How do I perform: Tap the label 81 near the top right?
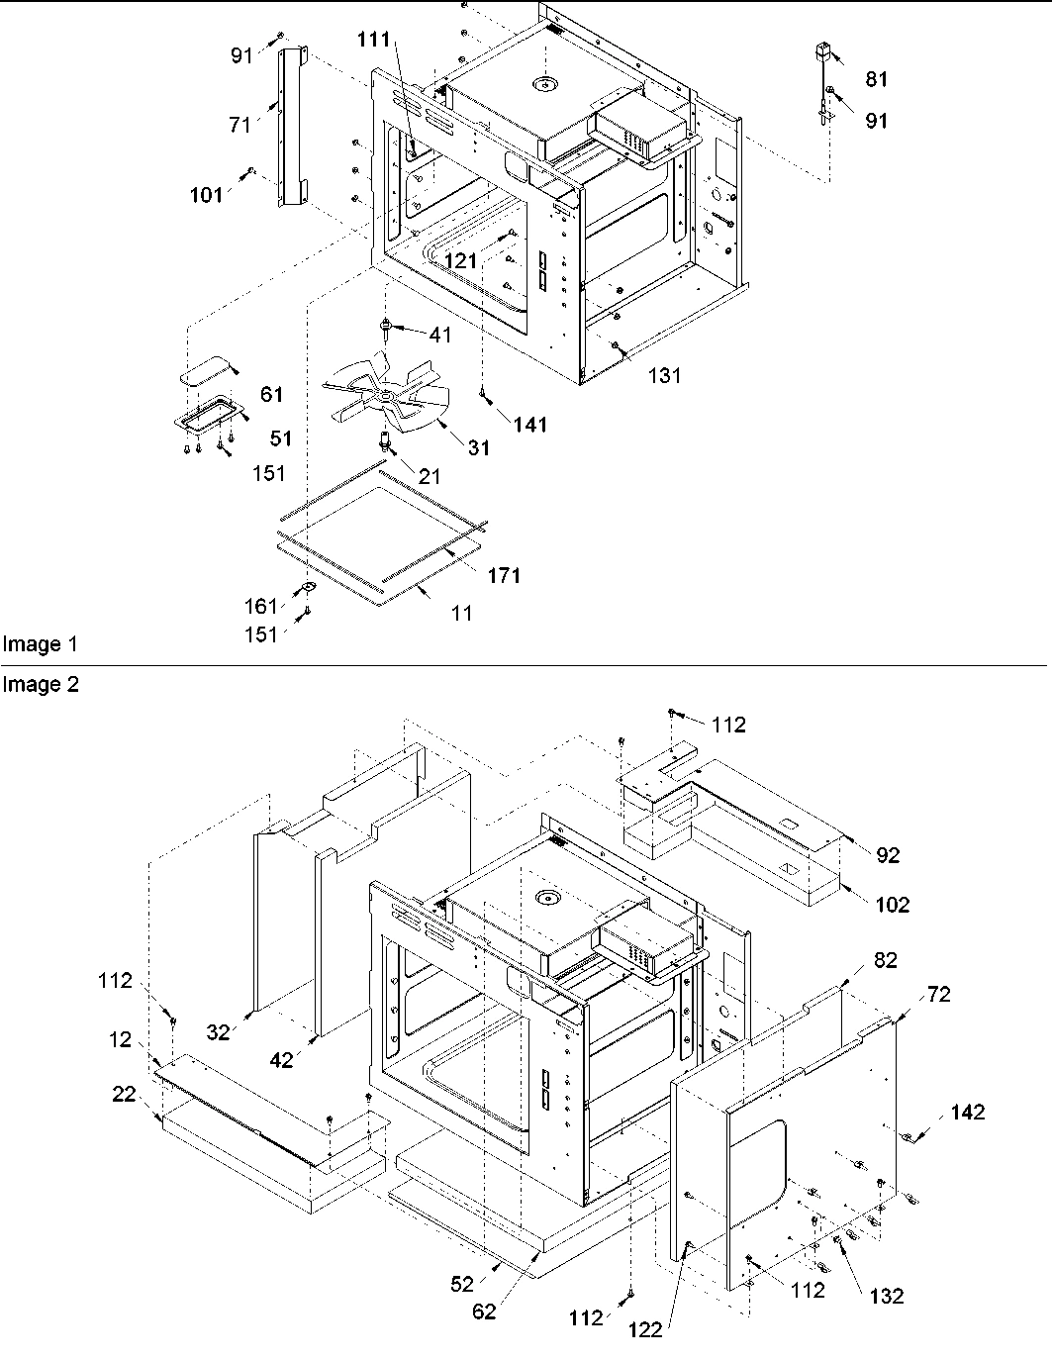click(877, 80)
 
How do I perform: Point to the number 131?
click(665, 375)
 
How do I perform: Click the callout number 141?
click(530, 424)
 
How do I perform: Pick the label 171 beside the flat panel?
click(504, 575)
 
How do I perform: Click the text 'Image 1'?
click(40, 644)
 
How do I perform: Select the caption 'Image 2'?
click(40, 684)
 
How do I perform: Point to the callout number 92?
click(888, 855)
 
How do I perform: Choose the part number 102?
click(892, 904)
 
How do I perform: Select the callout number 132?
click(886, 1296)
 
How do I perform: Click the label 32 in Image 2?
click(219, 1032)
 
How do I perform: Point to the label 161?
click(262, 606)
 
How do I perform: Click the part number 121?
click(461, 260)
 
